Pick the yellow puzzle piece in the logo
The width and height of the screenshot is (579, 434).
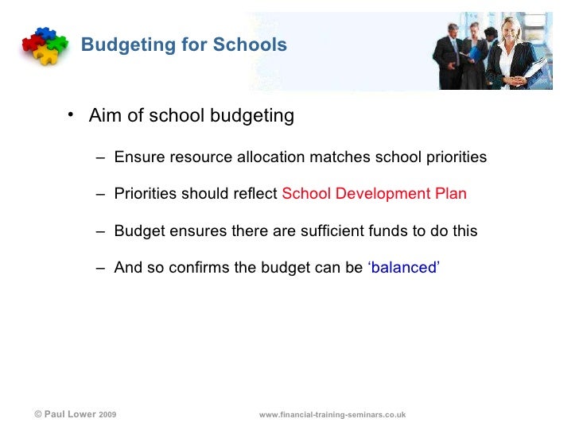47,55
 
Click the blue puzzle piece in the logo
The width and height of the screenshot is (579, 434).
45,33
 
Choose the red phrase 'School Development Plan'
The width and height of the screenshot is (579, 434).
374,194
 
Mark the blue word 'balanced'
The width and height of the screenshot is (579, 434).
403,268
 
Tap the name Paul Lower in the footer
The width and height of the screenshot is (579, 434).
70,414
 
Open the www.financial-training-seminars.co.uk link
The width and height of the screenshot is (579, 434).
332,415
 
